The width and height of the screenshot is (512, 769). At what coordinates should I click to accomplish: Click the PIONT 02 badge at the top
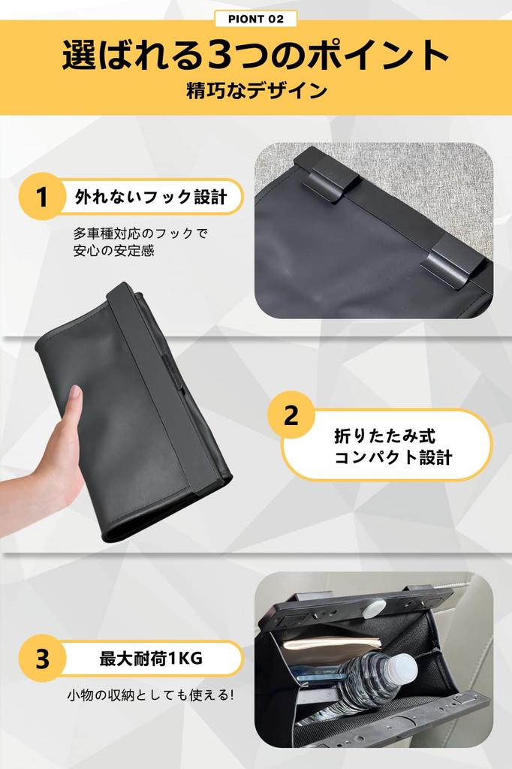[255, 19]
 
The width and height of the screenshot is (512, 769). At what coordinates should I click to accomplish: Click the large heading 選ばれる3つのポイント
[255, 56]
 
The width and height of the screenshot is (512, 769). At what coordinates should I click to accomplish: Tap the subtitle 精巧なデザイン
[255, 92]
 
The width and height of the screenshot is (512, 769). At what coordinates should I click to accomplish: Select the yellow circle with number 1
[42, 198]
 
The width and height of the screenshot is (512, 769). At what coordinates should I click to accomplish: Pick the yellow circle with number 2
[291, 416]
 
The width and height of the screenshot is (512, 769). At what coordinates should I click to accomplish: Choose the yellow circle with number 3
[42, 659]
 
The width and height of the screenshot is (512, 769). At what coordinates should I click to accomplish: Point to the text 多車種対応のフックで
[140, 233]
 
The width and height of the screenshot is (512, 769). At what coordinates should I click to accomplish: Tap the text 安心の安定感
[113, 252]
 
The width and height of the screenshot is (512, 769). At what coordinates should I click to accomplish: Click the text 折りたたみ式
[384, 436]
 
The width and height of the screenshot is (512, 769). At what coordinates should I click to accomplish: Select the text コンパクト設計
[393, 457]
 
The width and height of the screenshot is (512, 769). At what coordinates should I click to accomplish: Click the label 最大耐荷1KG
[151, 659]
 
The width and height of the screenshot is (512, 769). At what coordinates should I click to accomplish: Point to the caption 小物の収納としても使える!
[151, 695]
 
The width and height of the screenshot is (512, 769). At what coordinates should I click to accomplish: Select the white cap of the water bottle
[403, 668]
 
